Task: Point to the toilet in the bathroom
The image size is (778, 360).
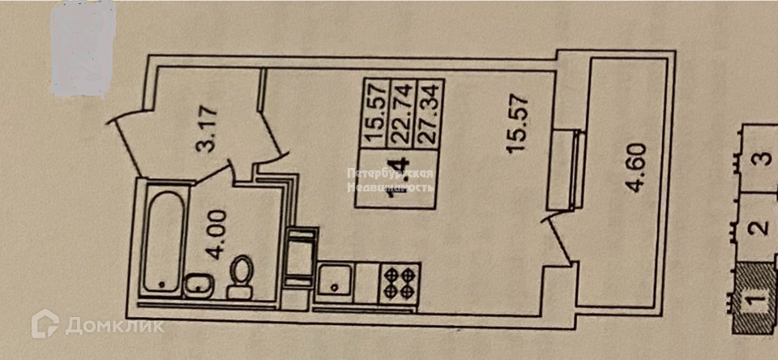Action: click(x=241, y=276)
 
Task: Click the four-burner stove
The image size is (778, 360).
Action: click(x=400, y=283)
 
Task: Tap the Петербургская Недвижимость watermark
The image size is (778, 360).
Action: click(x=390, y=180)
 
